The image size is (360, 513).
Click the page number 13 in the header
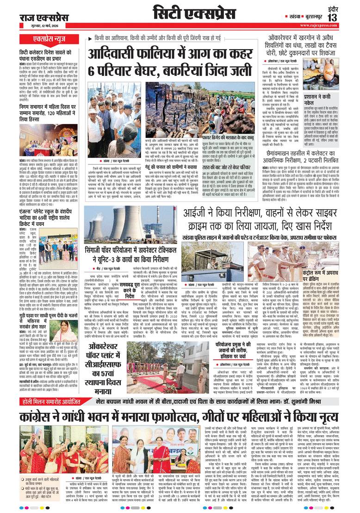click(x=346, y=17)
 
